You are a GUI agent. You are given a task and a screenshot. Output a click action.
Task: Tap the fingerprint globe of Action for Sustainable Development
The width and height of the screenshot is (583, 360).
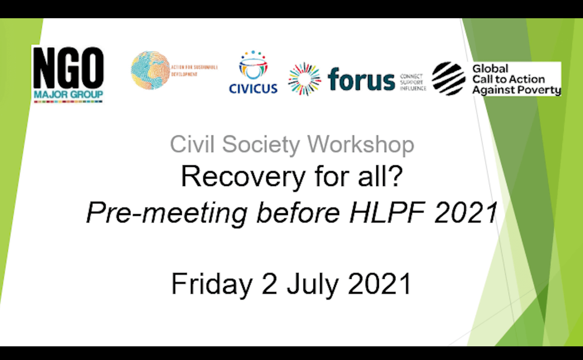coord(150,70)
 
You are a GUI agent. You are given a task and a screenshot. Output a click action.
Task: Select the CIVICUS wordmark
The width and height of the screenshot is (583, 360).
coord(253,89)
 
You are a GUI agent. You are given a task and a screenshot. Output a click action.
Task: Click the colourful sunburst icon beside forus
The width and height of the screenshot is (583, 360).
coord(304,79)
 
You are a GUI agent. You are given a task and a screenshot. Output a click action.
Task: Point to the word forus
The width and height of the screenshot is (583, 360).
coord(361,80)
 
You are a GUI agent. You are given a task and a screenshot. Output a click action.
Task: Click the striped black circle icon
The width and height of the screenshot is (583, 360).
coord(448,79)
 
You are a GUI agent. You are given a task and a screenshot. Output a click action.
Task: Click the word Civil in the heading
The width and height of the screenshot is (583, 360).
coord(192,144)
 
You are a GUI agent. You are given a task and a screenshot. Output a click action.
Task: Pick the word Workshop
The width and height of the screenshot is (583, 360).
coord(361,145)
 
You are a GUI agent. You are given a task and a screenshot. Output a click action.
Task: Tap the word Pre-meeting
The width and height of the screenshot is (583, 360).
coord(167,213)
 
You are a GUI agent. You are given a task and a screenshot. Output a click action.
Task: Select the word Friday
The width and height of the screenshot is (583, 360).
coord(212,284)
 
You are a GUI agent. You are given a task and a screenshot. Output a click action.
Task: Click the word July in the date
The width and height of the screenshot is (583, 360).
coord(312,284)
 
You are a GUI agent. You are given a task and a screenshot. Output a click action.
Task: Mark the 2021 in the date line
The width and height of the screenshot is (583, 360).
coord(380,283)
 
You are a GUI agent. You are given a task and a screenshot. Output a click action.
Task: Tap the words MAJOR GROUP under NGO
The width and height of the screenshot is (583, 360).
coord(68,94)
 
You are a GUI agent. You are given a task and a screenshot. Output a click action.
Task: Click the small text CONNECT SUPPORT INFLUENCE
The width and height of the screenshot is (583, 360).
coord(413,82)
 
